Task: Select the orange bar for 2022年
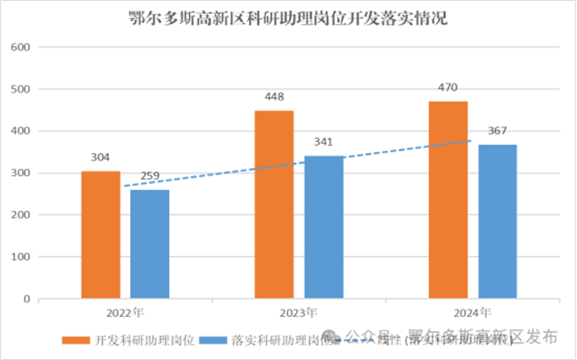point(100,234)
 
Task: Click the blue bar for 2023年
point(323,227)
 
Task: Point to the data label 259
point(149,177)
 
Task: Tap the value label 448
point(274,97)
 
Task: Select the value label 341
point(323,143)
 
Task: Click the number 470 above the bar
point(448,88)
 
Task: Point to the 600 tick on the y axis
point(22,47)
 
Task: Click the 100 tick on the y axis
point(22,257)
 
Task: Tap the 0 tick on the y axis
point(27,299)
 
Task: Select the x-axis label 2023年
point(298,313)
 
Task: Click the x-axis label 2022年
point(124,313)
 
